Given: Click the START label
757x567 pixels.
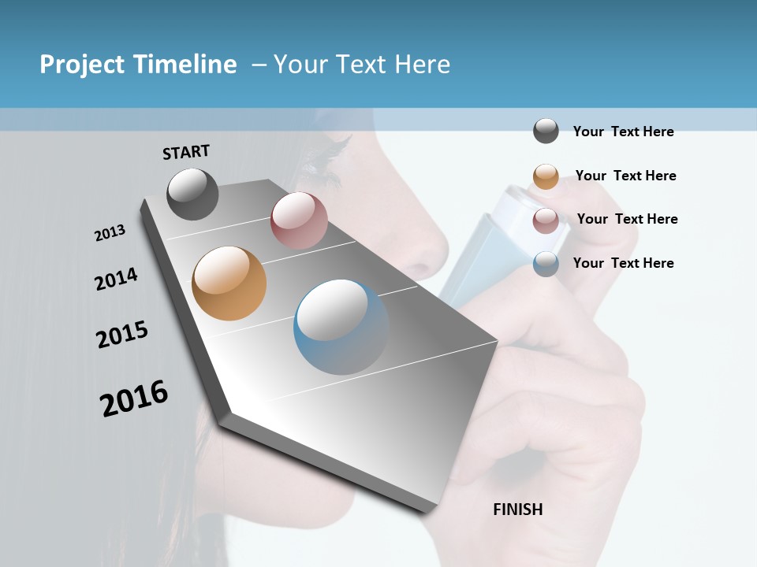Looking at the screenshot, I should [x=186, y=152].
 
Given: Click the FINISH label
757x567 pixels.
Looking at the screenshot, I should [x=518, y=510].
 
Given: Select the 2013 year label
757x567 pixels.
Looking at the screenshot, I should [x=110, y=233].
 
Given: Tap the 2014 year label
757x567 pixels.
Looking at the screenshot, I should [x=116, y=279].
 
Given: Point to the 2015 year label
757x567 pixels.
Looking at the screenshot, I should [x=122, y=335].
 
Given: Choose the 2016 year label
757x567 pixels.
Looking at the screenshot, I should [x=134, y=398].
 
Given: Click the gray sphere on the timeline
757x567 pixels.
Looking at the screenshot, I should [x=192, y=194].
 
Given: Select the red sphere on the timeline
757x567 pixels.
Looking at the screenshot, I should [x=299, y=220].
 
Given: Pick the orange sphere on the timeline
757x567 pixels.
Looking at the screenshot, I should [x=229, y=283].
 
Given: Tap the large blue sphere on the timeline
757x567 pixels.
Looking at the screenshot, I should [x=341, y=327].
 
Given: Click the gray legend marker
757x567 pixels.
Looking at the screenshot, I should [x=546, y=131].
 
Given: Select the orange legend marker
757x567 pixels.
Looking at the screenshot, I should [x=546, y=176].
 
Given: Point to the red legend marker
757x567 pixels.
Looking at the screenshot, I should [x=546, y=220].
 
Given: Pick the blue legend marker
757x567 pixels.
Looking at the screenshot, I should [x=546, y=264].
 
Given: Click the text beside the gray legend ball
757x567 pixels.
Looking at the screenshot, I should [x=623, y=132].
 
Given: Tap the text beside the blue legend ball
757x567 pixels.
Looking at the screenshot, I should [x=623, y=263].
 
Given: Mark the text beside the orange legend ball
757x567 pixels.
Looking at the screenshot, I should [x=625, y=176].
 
